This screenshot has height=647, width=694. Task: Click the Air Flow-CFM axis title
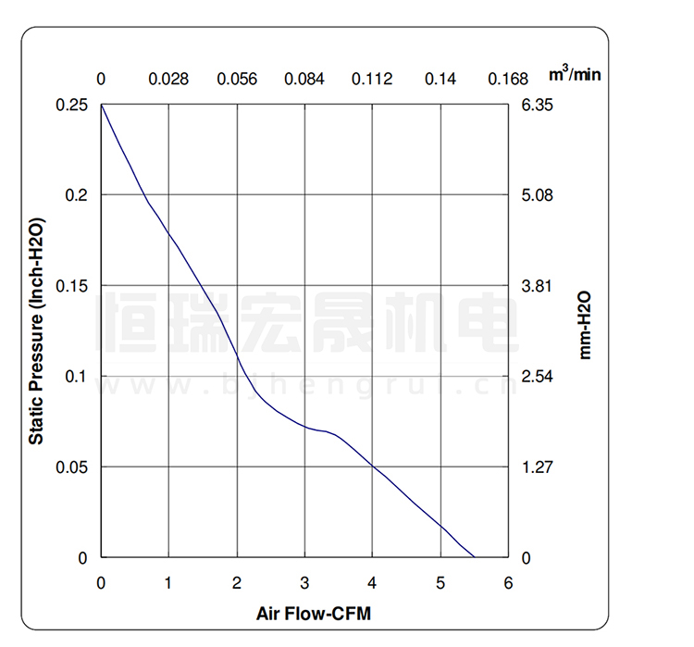point(313,613)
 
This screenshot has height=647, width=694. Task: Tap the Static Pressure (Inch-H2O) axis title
point(36,330)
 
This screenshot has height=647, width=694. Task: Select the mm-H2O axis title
point(584,323)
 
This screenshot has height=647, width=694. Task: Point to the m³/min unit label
point(575,73)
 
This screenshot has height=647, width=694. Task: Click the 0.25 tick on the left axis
point(73,106)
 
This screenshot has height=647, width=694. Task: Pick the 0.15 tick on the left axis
point(73,286)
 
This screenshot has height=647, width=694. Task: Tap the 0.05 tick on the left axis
point(73,467)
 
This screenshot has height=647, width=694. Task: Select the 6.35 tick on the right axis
point(538,106)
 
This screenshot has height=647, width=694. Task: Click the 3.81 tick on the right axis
point(538,286)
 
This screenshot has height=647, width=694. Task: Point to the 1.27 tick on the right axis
point(538,467)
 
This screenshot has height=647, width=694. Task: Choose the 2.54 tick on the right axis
point(538,377)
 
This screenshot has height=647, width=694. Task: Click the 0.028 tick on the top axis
point(168,79)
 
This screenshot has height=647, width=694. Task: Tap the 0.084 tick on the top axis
point(304,79)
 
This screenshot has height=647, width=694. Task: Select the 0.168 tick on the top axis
point(508,79)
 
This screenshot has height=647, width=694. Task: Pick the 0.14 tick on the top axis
point(440,79)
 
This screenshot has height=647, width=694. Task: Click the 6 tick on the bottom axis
point(508,583)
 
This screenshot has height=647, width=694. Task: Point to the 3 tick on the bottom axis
point(304,583)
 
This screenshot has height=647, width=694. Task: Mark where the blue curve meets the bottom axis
point(474,557)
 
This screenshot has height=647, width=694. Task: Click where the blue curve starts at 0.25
point(102,106)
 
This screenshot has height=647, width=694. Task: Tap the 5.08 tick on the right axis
point(538,195)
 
